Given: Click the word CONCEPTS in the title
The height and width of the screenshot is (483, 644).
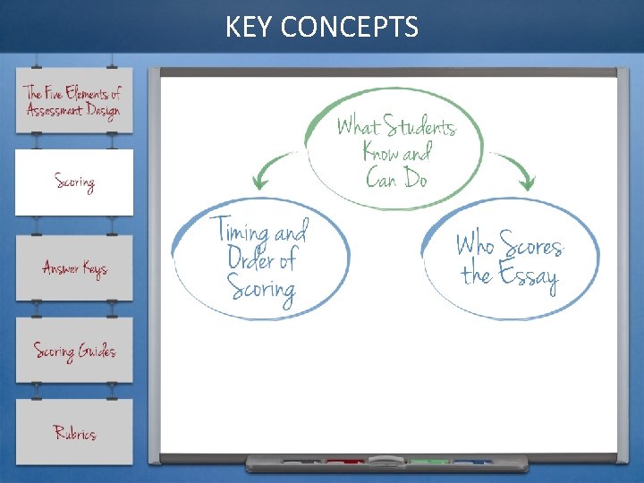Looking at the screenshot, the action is (349, 28).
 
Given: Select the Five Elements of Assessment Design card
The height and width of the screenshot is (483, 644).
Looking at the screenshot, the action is (73, 100).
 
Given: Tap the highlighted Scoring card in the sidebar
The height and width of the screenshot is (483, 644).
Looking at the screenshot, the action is (73, 182).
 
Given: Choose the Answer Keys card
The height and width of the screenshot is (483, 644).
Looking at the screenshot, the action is (73, 268).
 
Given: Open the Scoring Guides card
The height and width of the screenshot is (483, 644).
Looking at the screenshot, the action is (73, 351).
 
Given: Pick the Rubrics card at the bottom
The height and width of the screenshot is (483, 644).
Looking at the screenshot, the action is (73, 433).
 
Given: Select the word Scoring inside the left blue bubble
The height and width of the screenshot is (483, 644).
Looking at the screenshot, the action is (260, 289).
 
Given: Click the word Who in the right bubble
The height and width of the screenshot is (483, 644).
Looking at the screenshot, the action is (474, 244).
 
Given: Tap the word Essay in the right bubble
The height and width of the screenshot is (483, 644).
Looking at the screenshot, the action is (529, 276).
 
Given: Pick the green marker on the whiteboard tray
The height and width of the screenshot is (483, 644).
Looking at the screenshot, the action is (428, 462).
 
